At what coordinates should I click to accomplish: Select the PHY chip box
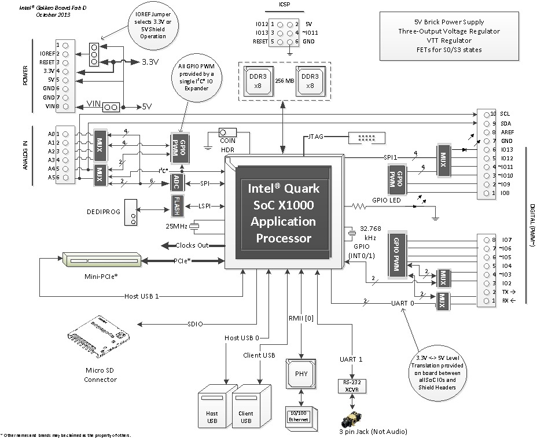tap(301, 373)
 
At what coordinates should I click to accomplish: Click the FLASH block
tap(176, 205)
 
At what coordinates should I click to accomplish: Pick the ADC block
tap(176, 183)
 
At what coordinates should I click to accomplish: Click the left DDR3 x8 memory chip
tap(256, 80)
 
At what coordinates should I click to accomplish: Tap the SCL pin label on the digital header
tap(505, 114)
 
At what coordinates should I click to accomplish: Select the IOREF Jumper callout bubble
tap(147, 28)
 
